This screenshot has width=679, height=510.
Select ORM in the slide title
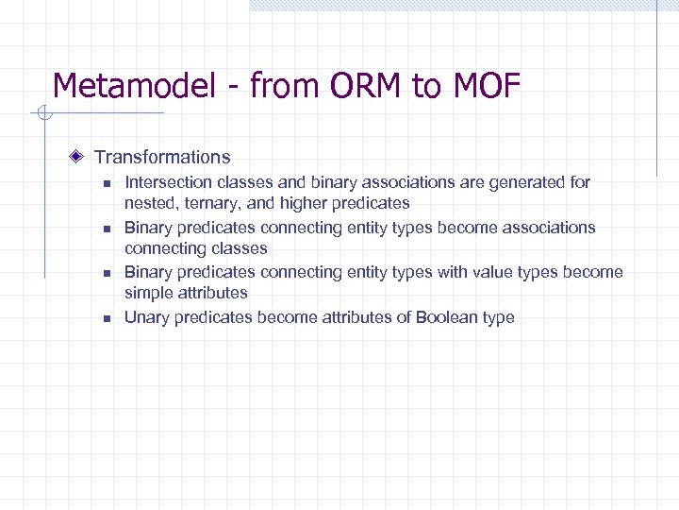366,87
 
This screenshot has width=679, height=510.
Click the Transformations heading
162,157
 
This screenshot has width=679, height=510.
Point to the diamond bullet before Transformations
82,157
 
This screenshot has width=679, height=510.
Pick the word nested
147,203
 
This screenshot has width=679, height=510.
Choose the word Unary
146,317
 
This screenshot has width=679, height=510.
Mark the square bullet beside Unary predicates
108,318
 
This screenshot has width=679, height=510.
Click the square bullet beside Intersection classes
108,182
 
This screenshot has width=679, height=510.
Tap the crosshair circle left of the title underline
41,115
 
